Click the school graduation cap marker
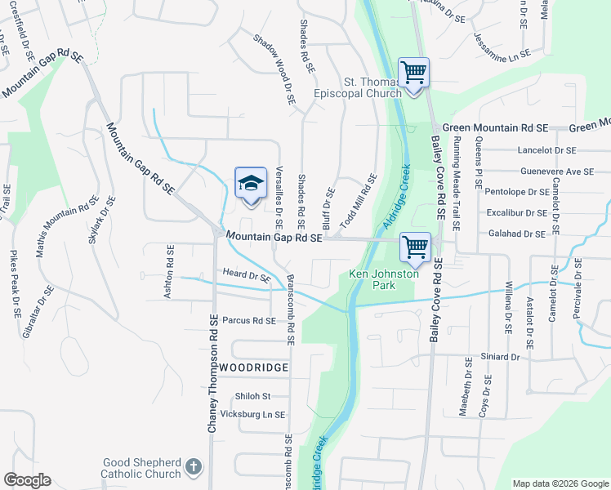pos(252,183)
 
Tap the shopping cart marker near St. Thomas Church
pos(414,73)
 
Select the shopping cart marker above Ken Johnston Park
pos(416,246)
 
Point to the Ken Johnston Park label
pos(384,279)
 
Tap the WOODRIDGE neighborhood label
pos(253,368)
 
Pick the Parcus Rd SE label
pos(249,321)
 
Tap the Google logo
pos(27,480)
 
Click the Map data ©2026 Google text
pos(560,483)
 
